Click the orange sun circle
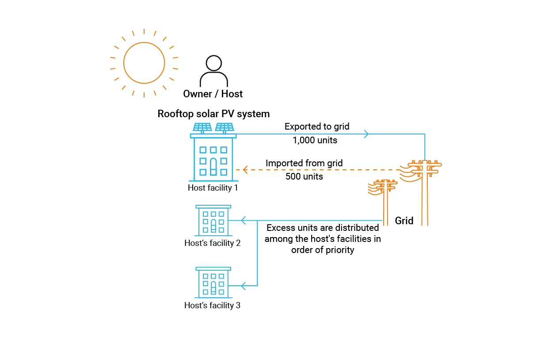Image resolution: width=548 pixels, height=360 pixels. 144,63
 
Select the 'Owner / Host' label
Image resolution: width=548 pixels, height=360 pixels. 213,94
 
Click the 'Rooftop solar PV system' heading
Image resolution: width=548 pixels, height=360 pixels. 213,114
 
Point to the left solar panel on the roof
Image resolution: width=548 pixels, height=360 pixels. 202,127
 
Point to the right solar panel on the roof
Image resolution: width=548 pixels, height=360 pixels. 225,127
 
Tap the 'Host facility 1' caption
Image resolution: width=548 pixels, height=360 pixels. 213,188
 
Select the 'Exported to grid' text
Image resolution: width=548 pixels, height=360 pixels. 317,126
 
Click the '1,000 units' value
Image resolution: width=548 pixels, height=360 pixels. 315,140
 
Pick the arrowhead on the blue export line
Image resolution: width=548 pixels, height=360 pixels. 366,134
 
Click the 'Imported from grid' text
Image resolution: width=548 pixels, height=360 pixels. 304,163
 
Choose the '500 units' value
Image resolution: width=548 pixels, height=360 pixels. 304,176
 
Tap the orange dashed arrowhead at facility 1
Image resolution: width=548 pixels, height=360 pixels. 245,170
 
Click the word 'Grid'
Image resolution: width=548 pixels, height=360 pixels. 404,221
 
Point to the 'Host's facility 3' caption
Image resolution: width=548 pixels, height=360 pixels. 212,305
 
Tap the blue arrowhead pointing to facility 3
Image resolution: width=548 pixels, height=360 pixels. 243,286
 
